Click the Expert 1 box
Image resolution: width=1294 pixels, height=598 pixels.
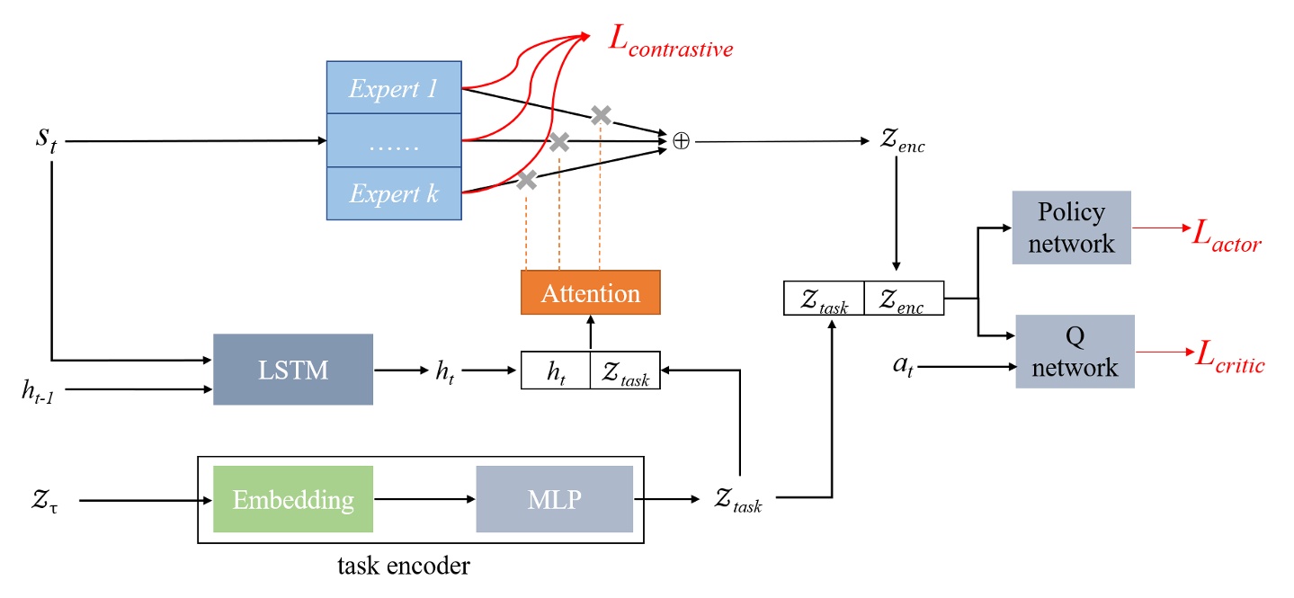[393, 87]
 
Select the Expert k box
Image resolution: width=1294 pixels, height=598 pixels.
[393, 193]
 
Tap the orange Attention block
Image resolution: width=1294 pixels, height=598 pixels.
[590, 292]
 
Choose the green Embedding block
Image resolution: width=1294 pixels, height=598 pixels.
[293, 499]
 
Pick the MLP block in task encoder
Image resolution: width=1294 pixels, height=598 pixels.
[554, 499]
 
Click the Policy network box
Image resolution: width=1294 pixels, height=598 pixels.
[1071, 228]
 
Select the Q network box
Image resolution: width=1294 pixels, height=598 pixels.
[1075, 351]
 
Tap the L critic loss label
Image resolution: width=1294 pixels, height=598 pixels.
[1227, 361]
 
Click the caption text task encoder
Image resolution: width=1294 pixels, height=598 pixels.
[404, 566]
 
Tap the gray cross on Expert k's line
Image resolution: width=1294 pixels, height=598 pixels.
[527, 180]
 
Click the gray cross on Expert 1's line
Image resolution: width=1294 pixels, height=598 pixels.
[601, 114]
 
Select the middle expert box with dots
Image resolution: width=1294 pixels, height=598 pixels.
[393, 140]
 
